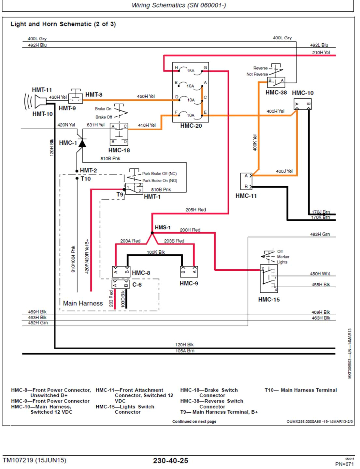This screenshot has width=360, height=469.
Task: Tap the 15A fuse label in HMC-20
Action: click(x=191, y=71)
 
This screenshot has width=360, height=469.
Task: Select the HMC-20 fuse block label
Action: click(x=191, y=126)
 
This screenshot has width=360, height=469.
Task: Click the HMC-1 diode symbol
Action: click(x=82, y=143)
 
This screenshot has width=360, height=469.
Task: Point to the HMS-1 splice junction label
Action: click(x=163, y=227)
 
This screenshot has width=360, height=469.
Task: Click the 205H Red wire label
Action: click(x=195, y=210)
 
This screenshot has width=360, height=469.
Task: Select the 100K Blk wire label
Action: click(x=156, y=252)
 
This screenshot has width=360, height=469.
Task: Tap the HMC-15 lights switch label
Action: click(x=269, y=299)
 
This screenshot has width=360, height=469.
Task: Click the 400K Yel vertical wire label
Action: click(x=255, y=143)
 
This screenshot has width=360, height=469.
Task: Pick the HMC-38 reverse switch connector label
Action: click(x=276, y=92)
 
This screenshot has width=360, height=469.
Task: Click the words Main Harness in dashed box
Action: click(x=83, y=303)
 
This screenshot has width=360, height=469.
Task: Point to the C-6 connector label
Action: click(x=137, y=285)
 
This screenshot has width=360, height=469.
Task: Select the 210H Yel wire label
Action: click(x=321, y=52)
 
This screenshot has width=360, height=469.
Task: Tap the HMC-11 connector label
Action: click(x=246, y=196)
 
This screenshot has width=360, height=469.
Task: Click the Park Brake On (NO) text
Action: click(x=160, y=180)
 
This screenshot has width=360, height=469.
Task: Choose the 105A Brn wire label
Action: click(x=185, y=351)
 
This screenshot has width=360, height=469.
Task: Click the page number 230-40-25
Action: click(x=170, y=461)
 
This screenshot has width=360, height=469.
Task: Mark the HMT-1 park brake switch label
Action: click(x=152, y=196)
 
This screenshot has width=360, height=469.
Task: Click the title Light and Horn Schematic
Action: click(x=63, y=24)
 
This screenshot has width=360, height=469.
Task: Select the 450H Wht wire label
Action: click(x=320, y=274)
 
